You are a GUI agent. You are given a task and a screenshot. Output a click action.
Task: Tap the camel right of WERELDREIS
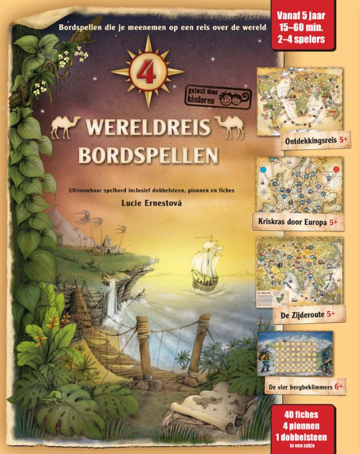(231, 125)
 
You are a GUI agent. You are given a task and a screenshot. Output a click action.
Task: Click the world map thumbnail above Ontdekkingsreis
(299, 103)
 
